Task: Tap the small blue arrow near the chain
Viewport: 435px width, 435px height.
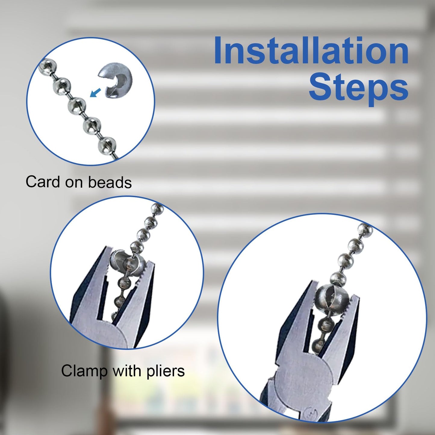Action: coord(95,92)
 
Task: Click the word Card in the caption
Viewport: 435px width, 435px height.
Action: coord(43,182)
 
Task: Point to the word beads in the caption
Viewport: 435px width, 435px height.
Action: coord(110,182)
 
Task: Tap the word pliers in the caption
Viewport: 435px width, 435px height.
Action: coord(166,371)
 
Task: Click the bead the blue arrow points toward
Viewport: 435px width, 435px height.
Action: coord(77,105)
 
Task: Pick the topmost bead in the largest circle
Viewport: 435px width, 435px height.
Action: coord(365,229)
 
